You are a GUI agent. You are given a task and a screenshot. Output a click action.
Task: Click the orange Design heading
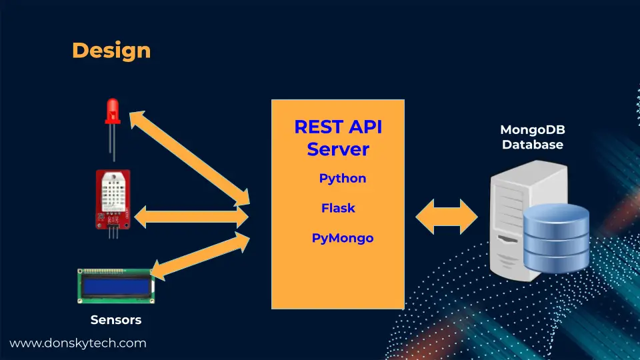111,51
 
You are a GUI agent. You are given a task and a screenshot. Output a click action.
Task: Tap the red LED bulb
113,111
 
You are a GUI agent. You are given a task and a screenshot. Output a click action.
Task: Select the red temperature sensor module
113,200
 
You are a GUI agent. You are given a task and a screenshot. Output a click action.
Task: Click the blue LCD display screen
116,286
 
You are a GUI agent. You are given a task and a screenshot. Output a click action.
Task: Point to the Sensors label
116,319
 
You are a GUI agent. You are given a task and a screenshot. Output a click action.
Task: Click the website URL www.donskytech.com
78,343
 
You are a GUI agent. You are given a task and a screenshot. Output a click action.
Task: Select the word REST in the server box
317,127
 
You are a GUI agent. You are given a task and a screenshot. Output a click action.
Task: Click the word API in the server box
365,127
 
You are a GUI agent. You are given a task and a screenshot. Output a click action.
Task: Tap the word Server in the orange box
338,149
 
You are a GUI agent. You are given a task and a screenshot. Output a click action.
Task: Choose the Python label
343,179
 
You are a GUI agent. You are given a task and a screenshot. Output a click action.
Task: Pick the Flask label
338,208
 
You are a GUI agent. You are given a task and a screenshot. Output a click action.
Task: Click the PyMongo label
343,238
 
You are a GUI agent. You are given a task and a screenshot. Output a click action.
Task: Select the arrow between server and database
447,217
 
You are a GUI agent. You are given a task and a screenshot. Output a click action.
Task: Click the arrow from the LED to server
189,158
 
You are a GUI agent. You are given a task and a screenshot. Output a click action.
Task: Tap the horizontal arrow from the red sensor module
191,217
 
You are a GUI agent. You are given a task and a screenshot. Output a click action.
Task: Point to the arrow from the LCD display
200,256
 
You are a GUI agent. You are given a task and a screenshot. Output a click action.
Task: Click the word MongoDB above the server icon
533,130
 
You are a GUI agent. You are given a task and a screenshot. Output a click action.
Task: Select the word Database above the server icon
533,145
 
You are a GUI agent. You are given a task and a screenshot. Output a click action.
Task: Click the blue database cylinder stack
556,238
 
